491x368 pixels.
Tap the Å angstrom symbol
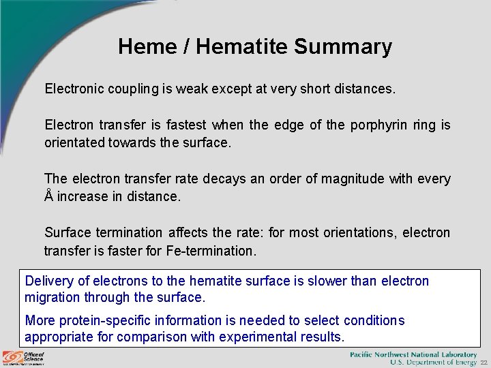[48, 196]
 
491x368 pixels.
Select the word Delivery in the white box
[47, 281]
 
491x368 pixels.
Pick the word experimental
[241, 337]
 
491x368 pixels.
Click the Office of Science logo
[23, 357]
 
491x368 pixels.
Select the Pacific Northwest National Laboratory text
[413, 354]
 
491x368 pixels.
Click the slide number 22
[483, 363]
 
